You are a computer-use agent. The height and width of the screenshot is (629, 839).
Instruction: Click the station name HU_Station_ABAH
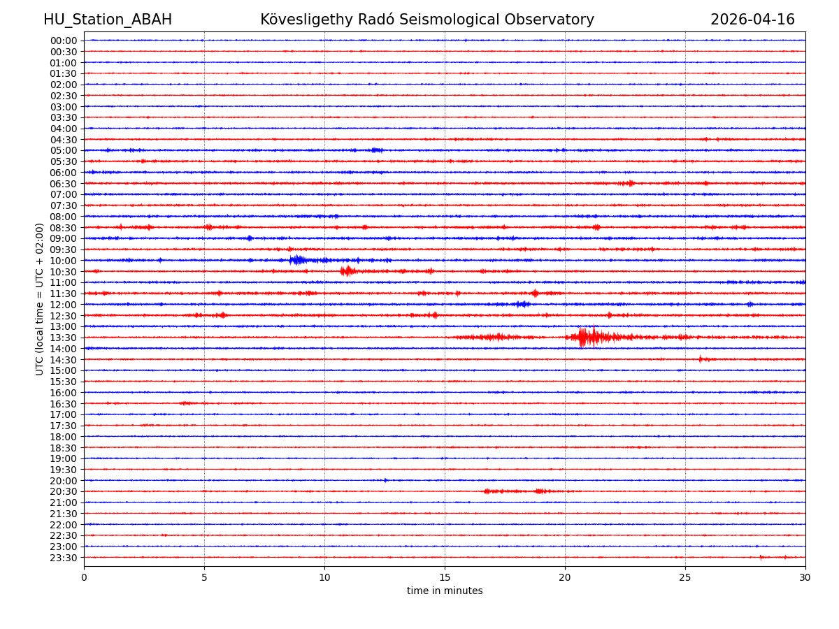coord(108,20)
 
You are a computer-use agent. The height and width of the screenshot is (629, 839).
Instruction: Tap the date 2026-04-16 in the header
coord(752,20)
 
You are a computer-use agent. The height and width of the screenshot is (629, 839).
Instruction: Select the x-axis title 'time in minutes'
coord(445,591)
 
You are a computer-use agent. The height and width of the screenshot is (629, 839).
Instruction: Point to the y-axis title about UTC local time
coord(40,299)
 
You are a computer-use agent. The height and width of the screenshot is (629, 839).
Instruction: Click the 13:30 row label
coord(63,338)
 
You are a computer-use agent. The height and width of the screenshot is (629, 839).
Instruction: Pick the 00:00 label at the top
coord(63,41)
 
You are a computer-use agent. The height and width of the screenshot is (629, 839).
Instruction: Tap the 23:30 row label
coord(63,558)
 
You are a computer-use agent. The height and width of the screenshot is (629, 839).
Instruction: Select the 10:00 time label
coord(63,261)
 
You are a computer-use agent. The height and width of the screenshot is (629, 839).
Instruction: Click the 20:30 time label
coord(63,492)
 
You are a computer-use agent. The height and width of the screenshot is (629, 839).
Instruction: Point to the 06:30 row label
coord(63,184)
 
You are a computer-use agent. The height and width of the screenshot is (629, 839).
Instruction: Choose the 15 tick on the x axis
coord(445,578)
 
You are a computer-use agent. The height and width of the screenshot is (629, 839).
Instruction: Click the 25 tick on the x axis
coord(685,578)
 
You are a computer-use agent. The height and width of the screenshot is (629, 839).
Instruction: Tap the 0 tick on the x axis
coord(84,578)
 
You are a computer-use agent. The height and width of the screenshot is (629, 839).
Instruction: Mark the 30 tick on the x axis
coord(805,578)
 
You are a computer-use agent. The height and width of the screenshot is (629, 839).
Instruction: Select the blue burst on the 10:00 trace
coord(298,260)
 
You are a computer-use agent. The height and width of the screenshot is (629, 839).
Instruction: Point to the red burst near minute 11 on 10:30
coord(347,271)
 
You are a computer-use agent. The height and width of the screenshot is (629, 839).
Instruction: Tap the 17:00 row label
coord(63,414)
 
